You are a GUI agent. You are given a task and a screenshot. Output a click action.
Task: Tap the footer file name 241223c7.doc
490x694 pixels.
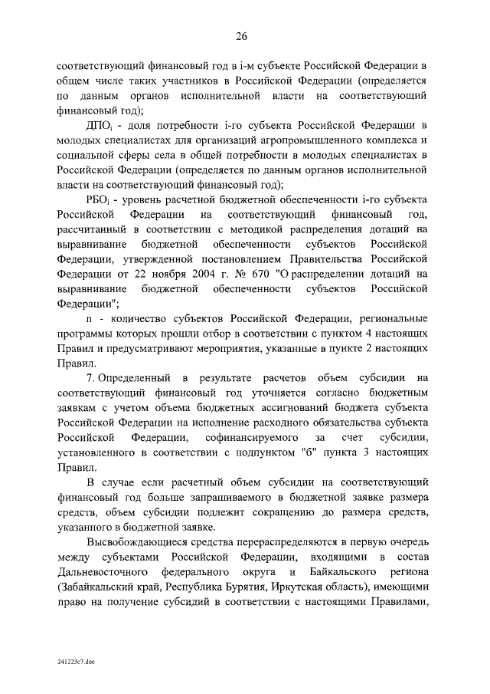[74, 660]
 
